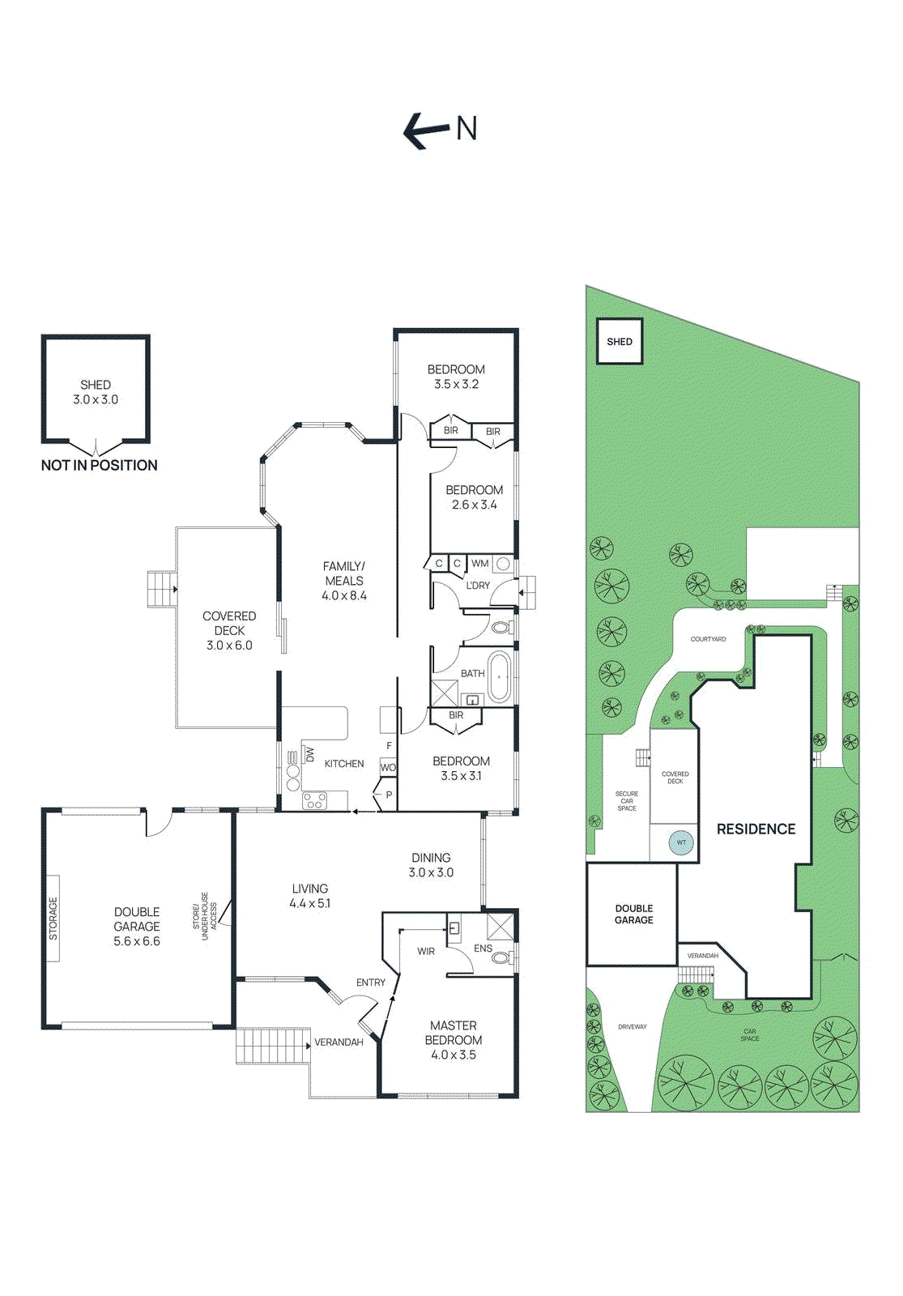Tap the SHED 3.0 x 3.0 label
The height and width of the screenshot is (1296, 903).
96,392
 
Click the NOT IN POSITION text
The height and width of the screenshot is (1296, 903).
99,465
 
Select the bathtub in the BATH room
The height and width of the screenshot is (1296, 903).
499,676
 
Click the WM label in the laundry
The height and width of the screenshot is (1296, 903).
479,563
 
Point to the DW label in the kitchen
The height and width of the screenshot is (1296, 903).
309,754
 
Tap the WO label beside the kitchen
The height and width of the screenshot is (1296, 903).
388,767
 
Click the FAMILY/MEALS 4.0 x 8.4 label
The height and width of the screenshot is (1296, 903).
344,581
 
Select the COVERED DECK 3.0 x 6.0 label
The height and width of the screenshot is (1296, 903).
229,630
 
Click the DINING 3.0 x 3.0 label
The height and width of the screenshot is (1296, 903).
431,865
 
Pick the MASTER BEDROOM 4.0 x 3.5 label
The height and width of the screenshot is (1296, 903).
454,1040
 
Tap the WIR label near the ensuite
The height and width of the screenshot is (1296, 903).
426,951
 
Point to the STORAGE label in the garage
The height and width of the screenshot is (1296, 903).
53,919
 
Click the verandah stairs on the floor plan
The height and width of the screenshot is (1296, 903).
272,1046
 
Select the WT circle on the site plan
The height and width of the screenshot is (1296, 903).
681,842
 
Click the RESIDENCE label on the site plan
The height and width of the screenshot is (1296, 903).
756,829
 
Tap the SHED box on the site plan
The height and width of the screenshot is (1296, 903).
620,342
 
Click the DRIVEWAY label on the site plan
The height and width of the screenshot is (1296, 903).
632,1026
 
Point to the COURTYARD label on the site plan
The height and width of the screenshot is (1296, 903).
708,639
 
